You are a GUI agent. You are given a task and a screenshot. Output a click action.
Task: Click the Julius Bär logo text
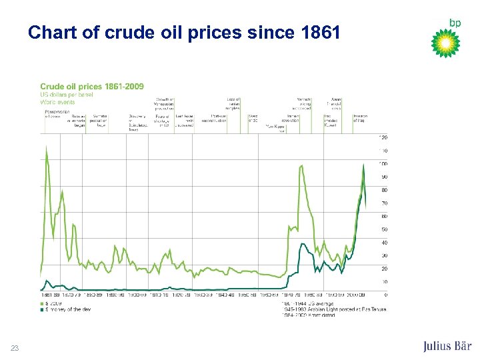[x=447, y=346]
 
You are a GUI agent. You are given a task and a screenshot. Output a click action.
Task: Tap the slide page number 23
[x=15, y=347]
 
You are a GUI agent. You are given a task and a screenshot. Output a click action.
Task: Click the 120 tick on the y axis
[x=383, y=137]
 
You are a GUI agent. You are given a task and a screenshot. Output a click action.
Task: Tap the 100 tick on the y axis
[x=383, y=163]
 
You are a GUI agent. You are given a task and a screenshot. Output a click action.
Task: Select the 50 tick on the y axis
[x=383, y=229]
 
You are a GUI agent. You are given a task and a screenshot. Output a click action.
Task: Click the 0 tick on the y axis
[x=385, y=295]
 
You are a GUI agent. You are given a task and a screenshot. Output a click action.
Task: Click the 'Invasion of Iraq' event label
[x=360, y=118]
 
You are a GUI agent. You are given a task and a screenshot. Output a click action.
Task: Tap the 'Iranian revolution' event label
[x=293, y=118]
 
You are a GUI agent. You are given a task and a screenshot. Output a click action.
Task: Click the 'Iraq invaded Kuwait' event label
[x=332, y=121]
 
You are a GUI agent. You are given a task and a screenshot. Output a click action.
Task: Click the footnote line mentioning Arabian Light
[x=333, y=309]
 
